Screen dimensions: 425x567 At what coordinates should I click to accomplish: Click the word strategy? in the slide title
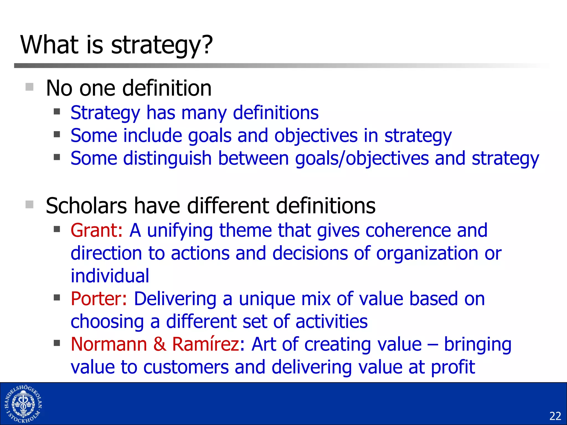162,46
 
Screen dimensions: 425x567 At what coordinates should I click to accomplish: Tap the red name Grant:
96,230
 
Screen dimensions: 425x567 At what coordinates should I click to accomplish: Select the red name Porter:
99,299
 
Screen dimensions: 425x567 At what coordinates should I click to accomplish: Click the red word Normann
109,344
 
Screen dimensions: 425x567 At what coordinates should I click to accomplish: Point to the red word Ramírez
205,344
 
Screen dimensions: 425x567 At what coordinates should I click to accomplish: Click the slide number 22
555,416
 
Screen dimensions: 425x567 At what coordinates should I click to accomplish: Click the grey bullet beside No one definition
29,87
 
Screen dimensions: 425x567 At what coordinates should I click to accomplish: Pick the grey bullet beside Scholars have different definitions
29,204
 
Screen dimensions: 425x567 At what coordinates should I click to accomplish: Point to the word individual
110,276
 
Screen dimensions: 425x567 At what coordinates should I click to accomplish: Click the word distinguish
167,159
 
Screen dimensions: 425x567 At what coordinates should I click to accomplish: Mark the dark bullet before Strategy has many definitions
57,112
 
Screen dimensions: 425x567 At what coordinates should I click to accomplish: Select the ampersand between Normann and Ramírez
159,344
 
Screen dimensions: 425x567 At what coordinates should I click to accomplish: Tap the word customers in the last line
186,367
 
